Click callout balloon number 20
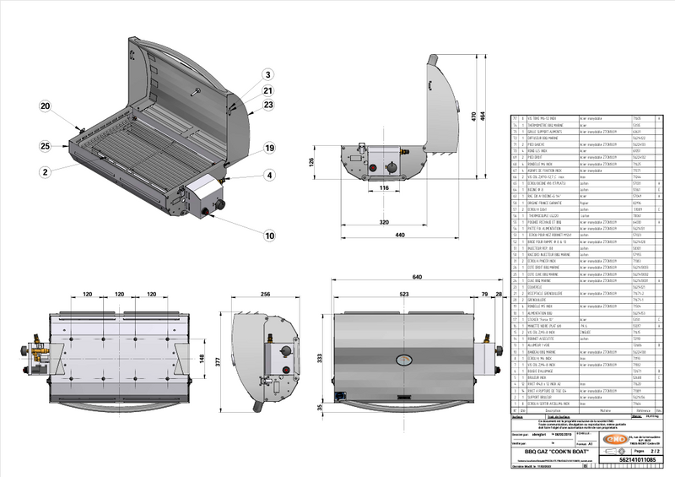(45, 106)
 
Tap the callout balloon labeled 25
(45, 147)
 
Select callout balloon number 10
(267, 74)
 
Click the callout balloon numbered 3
(267, 74)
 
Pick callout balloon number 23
(267, 105)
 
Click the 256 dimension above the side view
(264, 295)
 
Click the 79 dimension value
(484, 295)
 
